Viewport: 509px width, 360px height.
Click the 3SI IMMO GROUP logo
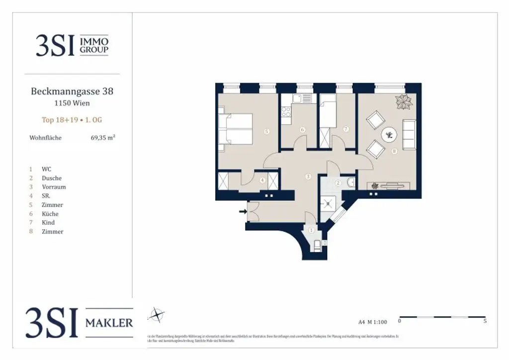(x=72, y=45)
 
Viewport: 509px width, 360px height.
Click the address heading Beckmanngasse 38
(x=72, y=91)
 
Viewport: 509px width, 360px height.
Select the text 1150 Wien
(x=72, y=103)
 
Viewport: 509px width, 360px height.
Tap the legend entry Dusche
(x=52, y=178)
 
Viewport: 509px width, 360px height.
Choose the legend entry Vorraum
(x=54, y=187)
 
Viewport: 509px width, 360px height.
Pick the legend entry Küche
(x=50, y=214)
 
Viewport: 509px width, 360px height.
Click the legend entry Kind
(x=48, y=223)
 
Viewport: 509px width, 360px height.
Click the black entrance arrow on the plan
(x=243, y=212)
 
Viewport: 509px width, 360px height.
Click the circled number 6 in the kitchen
(x=302, y=130)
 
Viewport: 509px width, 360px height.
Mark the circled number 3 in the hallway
(x=308, y=176)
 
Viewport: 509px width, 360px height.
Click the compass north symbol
(x=157, y=315)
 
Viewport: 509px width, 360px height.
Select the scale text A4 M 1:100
(x=372, y=321)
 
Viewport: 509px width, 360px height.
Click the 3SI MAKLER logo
(x=80, y=322)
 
